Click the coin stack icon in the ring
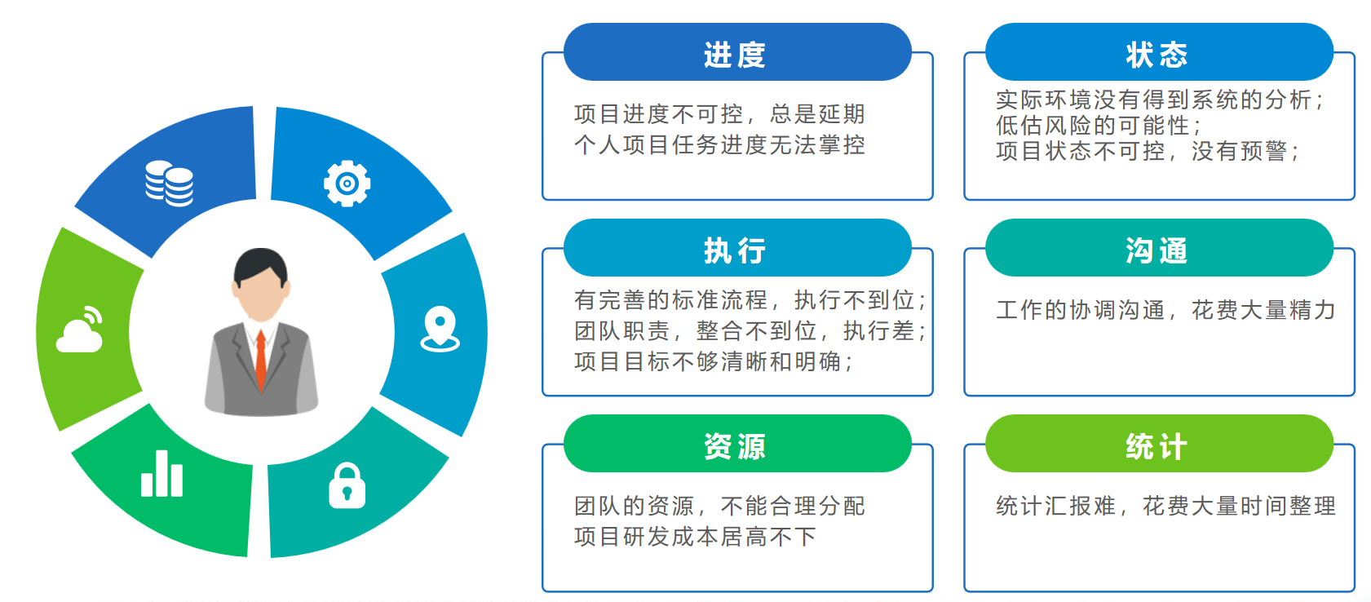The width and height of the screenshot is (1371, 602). (169, 183)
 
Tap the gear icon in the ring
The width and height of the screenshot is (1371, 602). (347, 183)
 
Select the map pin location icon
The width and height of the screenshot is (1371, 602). (440, 329)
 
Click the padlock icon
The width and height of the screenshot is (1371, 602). (347, 485)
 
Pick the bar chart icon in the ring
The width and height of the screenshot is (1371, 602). (161, 473)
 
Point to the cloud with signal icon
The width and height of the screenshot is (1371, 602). (80, 330)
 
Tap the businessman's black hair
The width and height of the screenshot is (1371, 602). (260, 264)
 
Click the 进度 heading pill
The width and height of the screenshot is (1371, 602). (737, 52)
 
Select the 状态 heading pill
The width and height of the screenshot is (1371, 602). (1159, 52)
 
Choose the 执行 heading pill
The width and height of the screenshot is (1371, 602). (737, 248)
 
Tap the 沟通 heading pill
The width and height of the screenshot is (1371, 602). (1159, 248)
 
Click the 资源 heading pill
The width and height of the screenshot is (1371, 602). (737, 444)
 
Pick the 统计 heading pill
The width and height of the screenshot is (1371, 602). (1159, 444)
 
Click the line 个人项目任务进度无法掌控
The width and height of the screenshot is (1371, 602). (720, 145)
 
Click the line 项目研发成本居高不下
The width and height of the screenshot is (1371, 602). (696, 537)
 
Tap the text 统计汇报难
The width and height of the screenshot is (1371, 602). (1056, 507)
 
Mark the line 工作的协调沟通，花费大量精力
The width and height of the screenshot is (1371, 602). (1165, 311)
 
